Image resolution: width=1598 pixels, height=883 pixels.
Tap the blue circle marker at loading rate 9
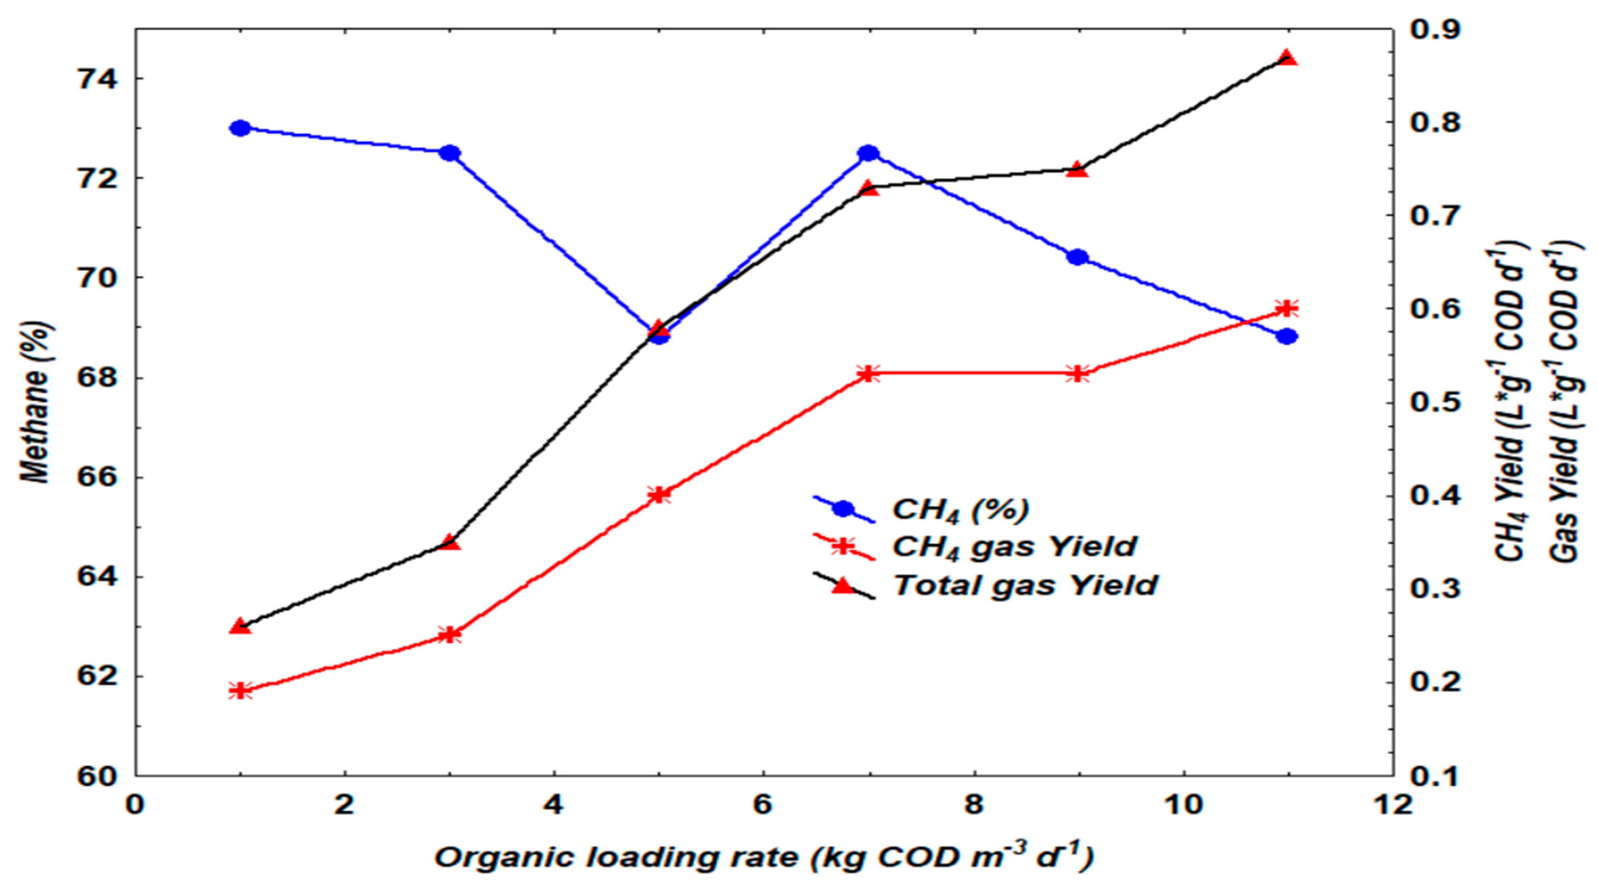coord(1078,257)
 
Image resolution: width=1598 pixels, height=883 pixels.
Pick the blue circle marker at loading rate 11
coord(1287,336)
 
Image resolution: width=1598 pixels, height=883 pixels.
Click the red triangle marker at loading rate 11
coord(1287,58)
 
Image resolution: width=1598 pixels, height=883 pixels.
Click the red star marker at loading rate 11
coord(1287,309)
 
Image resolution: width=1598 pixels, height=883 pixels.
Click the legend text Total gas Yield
coord(1025,585)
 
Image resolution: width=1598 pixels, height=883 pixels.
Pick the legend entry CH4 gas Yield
coord(1014,547)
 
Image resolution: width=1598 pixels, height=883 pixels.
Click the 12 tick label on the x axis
coord(1393,805)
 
